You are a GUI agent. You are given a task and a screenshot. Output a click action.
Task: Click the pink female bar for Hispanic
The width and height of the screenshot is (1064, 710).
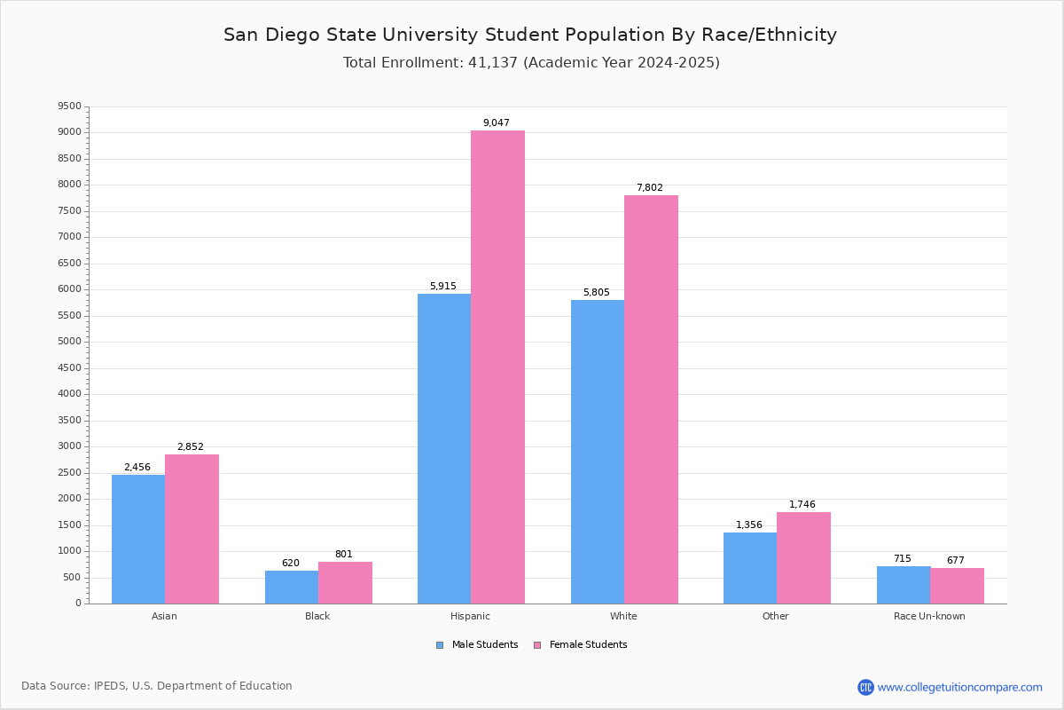pyautogui.click(x=497, y=367)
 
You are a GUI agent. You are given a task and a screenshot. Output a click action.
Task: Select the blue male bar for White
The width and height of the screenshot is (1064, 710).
pyautogui.click(x=597, y=452)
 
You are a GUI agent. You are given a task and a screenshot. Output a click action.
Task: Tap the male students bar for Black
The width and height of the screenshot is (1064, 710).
pyautogui.click(x=291, y=587)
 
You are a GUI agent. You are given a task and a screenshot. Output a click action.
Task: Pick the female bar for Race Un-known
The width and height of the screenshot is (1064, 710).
pyautogui.click(x=957, y=586)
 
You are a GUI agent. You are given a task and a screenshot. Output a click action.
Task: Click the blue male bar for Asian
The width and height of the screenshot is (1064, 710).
pyautogui.click(x=138, y=539)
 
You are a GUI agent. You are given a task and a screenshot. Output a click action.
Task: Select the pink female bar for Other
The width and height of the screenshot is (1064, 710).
pyautogui.click(x=803, y=557)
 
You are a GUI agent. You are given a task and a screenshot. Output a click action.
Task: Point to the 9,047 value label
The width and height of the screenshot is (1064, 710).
pyautogui.click(x=497, y=122)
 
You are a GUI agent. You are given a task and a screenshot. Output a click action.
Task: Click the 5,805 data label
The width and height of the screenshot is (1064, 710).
pyautogui.click(x=597, y=292)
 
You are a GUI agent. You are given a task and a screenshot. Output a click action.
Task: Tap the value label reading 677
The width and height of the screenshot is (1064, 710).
pyautogui.click(x=956, y=560)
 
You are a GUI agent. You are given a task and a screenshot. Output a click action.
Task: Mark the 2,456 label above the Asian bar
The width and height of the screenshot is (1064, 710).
pyautogui.click(x=137, y=467)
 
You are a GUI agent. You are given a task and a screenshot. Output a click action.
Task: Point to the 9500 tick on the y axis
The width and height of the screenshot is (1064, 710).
pyautogui.click(x=69, y=106)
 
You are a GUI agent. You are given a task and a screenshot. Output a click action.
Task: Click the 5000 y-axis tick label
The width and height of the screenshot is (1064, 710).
pyautogui.click(x=69, y=342)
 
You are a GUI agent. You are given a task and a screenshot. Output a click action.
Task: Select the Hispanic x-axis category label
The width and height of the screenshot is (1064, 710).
pyautogui.click(x=470, y=616)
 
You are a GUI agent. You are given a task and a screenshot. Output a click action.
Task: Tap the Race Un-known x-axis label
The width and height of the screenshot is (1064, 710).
pyautogui.click(x=929, y=616)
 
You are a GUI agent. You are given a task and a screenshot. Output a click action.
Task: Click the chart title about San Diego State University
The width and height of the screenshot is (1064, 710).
pyautogui.click(x=530, y=35)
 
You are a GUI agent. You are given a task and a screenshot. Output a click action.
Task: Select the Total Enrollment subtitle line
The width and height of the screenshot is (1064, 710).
pyautogui.click(x=531, y=62)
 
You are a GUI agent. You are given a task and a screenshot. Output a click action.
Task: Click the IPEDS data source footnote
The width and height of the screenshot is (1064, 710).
pyautogui.click(x=157, y=686)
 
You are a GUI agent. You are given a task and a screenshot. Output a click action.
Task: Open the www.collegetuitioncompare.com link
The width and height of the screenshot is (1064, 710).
pyautogui.click(x=959, y=687)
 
